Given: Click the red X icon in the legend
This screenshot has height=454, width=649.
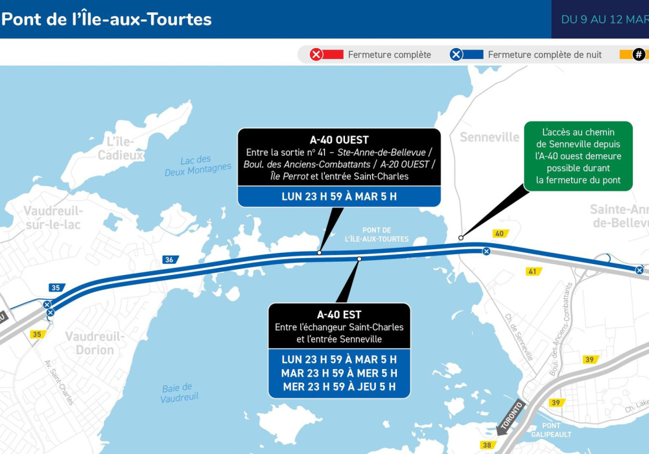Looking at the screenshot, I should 316,54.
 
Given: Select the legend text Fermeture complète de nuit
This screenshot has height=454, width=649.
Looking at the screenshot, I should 545,54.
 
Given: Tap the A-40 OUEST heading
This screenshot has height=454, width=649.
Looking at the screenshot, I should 339,139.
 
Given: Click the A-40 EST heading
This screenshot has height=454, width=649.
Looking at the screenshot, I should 339,315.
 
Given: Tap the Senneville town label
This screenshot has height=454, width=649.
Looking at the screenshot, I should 490,137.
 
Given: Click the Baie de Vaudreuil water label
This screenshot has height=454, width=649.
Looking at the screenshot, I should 179,392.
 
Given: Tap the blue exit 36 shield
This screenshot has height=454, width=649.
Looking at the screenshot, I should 170,259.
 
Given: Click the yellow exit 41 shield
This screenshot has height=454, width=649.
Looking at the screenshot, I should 533,271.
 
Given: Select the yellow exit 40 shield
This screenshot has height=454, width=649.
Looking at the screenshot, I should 500,233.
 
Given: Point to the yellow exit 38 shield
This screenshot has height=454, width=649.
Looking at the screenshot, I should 487,445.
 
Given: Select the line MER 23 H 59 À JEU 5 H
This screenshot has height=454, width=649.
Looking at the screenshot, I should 339,388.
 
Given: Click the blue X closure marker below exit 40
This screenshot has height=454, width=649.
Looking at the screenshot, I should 486,251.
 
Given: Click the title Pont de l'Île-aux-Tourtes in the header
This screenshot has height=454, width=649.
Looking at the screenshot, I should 106,19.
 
